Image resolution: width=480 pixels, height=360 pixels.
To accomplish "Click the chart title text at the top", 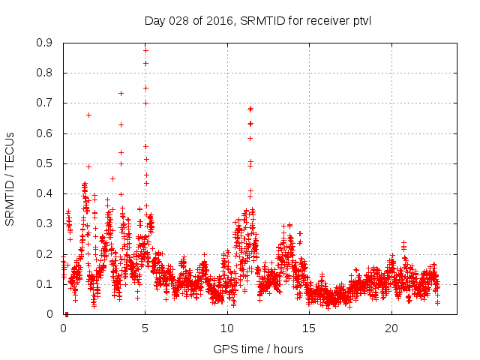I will [258, 20].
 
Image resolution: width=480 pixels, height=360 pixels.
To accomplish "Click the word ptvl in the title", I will [361, 20].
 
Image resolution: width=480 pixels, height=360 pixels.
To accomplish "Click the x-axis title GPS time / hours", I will [258, 349].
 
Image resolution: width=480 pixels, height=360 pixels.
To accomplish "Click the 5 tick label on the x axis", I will [145, 328].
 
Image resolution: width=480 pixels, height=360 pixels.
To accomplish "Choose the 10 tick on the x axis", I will [227, 328].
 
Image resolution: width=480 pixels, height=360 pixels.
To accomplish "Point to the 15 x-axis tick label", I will [310, 328].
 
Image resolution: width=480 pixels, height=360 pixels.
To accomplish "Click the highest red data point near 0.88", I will [145, 50].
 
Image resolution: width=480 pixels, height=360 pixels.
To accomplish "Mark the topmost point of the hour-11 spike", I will [250, 108].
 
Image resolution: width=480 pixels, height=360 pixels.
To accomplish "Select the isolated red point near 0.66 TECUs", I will [88, 115].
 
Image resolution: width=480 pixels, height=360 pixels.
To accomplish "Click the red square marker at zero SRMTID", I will [66, 314].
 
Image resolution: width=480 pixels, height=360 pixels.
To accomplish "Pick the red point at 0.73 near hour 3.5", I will [121, 93].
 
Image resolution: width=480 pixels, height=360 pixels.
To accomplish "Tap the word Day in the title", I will [154, 20].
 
